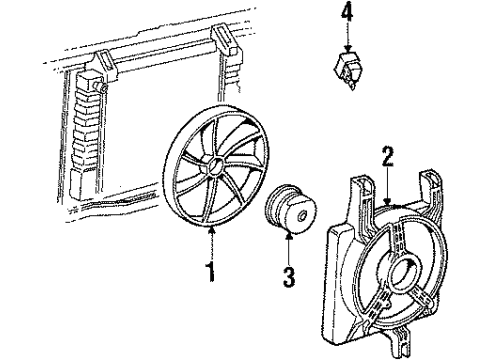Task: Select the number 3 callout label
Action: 290,275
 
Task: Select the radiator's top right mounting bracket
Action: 227,42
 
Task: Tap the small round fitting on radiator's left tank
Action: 103,88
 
